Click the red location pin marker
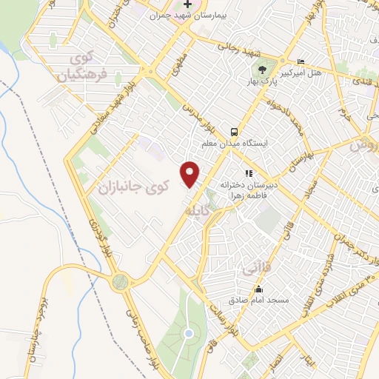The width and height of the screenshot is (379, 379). [x=191, y=173]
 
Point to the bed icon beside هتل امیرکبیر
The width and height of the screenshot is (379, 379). [x=300, y=61]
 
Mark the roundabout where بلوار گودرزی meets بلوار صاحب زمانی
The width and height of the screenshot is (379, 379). [x=121, y=281]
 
